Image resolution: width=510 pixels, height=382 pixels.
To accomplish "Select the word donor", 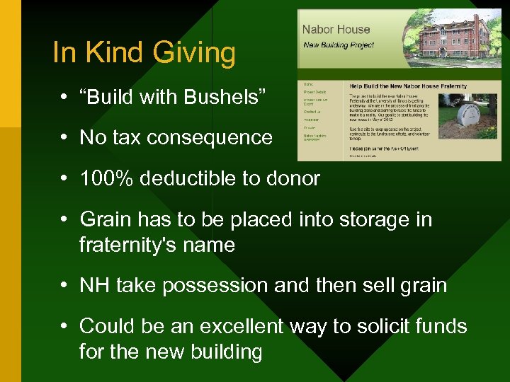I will [292, 178].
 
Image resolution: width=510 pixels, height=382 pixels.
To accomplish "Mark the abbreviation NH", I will [94, 285].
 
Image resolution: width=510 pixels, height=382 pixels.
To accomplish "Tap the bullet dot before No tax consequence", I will [64, 137].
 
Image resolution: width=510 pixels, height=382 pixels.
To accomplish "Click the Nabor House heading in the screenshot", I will [336, 30].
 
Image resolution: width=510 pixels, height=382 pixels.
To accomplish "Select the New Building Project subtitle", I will [340, 45].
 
